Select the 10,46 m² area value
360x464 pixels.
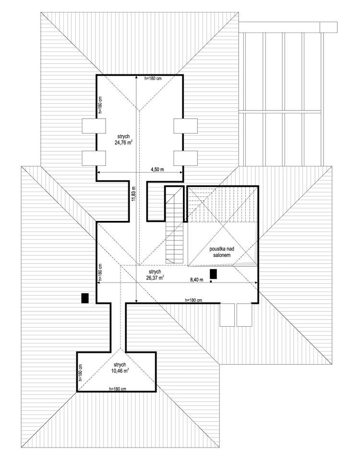[x=120, y=371]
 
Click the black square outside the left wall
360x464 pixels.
[x=85, y=298]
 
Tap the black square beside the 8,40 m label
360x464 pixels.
[x=213, y=274]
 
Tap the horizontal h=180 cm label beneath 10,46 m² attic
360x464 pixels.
[x=118, y=388]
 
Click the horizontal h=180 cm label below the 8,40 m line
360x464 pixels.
[x=193, y=300]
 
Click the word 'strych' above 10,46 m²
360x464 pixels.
[x=120, y=364]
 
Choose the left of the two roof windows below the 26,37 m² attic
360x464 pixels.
[x=226, y=315]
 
